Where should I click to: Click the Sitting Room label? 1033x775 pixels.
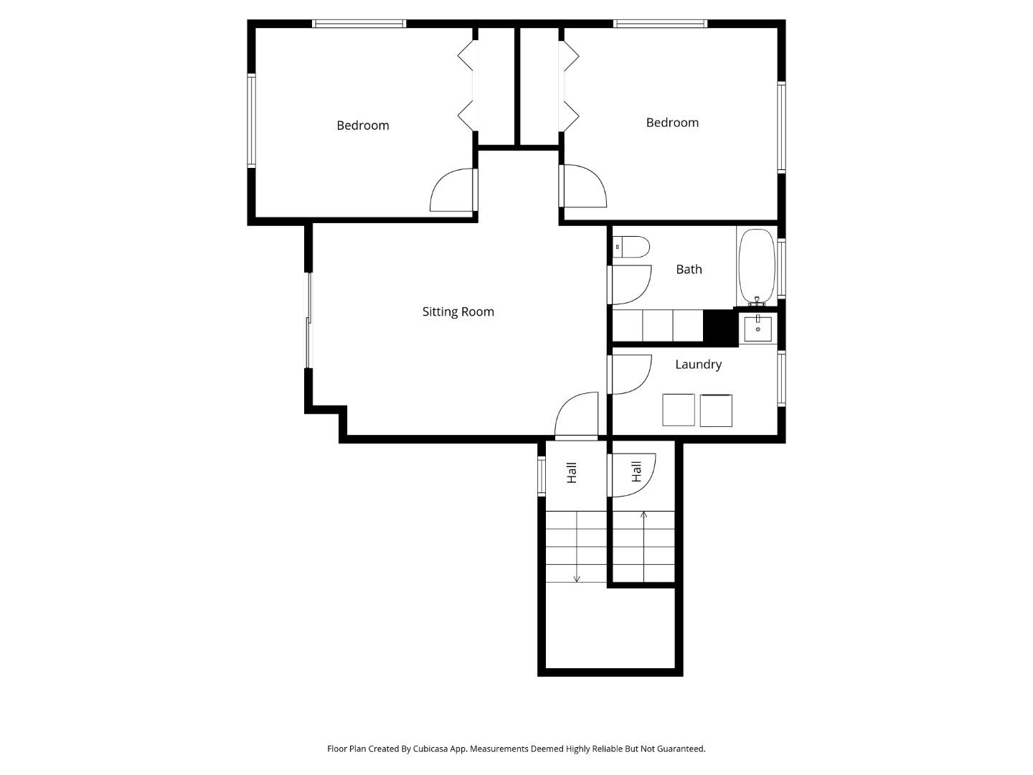coord(458,311)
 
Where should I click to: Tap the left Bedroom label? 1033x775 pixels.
coord(363,126)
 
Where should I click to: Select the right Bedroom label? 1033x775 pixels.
coord(672,123)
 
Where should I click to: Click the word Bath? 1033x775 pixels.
coord(689,269)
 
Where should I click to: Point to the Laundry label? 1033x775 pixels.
coord(698,365)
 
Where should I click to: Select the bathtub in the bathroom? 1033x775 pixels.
coord(757,266)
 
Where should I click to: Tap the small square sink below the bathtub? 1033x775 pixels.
coord(758,329)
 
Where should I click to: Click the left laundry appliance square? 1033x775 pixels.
coord(679,410)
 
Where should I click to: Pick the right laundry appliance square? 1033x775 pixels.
coord(716,410)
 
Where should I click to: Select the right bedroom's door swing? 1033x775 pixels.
coord(582,187)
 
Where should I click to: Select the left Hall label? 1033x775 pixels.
coord(572,472)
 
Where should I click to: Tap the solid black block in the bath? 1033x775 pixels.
coord(720,327)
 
